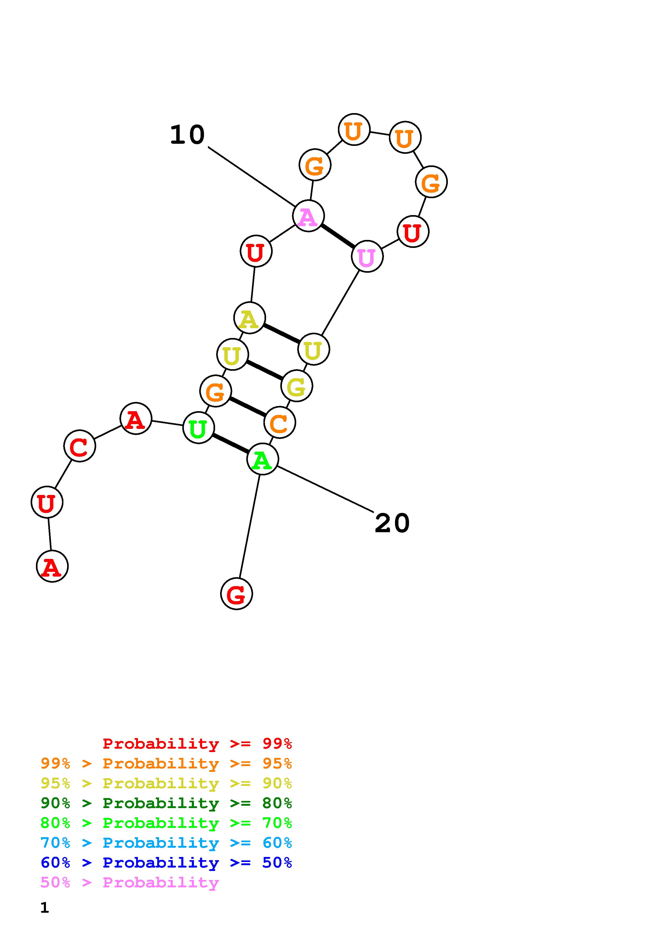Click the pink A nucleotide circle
(x=308, y=216)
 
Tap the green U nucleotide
(x=198, y=428)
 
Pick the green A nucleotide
(x=262, y=460)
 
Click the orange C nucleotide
(x=279, y=423)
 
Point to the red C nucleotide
(x=80, y=446)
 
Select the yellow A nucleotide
(x=249, y=318)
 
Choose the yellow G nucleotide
(x=297, y=386)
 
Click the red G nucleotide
(x=236, y=594)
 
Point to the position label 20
(x=392, y=524)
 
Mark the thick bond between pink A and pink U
(x=338, y=237)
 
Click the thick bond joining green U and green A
(x=230, y=444)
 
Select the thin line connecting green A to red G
(x=249, y=527)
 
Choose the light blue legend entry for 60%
(x=166, y=843)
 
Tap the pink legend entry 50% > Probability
(x=130, y=883)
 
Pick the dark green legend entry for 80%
(x=166, y=803)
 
